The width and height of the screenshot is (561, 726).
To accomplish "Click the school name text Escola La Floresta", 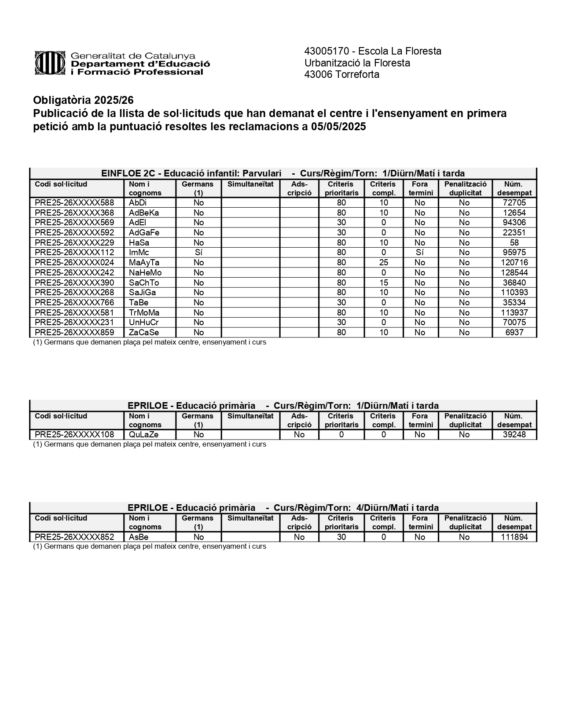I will tap(400, 51).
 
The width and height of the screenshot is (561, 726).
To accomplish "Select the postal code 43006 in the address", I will tap(318, 75).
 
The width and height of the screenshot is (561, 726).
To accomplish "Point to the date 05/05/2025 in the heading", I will tap(338, 127).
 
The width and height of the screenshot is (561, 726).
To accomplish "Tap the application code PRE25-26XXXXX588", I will tap(74, 203).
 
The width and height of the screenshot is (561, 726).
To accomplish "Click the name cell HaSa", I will tap(139, 243).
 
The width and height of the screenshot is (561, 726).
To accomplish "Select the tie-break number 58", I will tap(514, 243).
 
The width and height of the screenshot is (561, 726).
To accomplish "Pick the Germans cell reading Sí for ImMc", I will tap(198, 253).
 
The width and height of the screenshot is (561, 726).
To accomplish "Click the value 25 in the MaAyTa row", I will tap(384, 263).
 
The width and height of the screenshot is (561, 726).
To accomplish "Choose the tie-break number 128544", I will tap(514, 273).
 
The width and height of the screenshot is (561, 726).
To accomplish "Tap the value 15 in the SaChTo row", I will tap(384, 283).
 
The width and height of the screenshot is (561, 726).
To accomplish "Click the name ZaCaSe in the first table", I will tap(144, 333).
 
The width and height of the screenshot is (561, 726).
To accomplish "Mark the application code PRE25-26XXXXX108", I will tap(74, 435).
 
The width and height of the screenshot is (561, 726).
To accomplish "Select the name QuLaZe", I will tap(143, 435).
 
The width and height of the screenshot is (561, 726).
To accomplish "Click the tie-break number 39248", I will tap(514, 435).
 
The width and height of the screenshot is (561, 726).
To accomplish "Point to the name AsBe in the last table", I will tap(139, 537).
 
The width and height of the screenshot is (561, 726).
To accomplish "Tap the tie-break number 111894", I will tap(514, 537).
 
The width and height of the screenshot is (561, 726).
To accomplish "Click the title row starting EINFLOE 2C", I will tap(283, 173).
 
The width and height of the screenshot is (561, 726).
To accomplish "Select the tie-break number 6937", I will tap(514, 333).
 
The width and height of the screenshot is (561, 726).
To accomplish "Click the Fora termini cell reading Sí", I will tap(420, 253).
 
